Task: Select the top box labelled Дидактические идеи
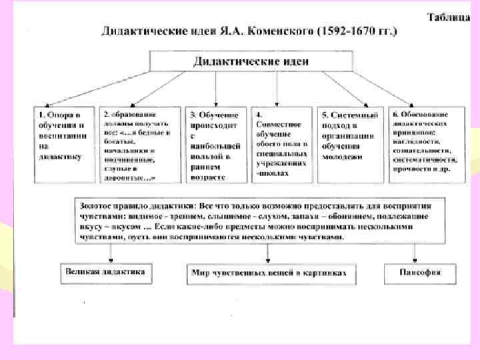251,61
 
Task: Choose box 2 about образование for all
139,144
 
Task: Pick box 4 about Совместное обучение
282,144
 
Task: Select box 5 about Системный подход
351,144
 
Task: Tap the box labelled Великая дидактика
105,272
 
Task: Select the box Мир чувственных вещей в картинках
269,273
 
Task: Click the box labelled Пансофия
421,273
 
